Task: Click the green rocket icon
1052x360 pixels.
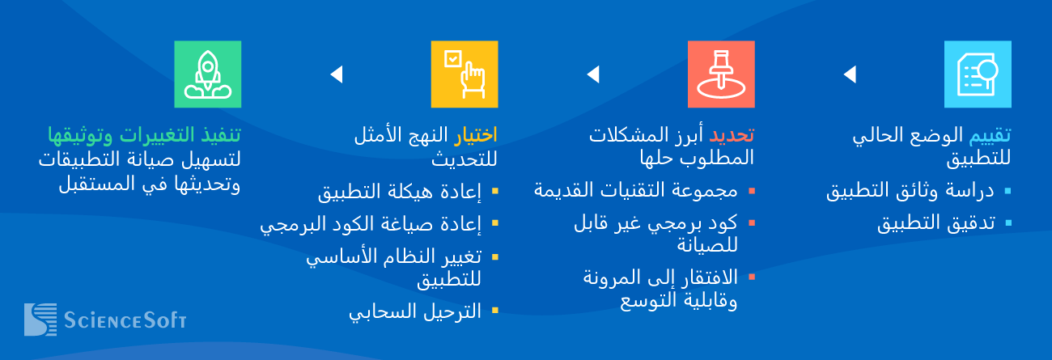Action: [x=208, y=74]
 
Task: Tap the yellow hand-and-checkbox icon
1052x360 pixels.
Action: [x=464, y=74]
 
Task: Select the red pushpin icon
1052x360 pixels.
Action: [x=721, y=74]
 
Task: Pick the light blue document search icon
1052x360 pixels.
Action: [x=978, y=74]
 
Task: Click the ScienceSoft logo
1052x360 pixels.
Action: [x=105, y=320]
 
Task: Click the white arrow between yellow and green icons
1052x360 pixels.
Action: [x=337, y=74]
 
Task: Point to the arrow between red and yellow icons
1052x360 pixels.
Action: [x=594, y=74]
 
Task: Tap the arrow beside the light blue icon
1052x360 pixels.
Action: [x=850, y=74]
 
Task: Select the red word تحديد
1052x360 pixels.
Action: [x=732, y=135]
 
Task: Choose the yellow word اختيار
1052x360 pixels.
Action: [x=475, y=135]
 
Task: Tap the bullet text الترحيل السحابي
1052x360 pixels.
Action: [x=415, y=311]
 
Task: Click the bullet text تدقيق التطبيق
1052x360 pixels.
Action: [x=936, y=223]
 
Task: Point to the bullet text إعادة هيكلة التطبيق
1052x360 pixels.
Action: [x=400, y=192]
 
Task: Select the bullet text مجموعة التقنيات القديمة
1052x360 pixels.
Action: [x=635, y=191]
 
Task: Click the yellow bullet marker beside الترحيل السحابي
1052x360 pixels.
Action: [x=495, y=311]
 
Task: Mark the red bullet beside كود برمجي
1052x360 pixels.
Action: [x=752, y=223]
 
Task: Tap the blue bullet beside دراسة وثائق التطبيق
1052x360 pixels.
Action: [x=1007, y=191]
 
